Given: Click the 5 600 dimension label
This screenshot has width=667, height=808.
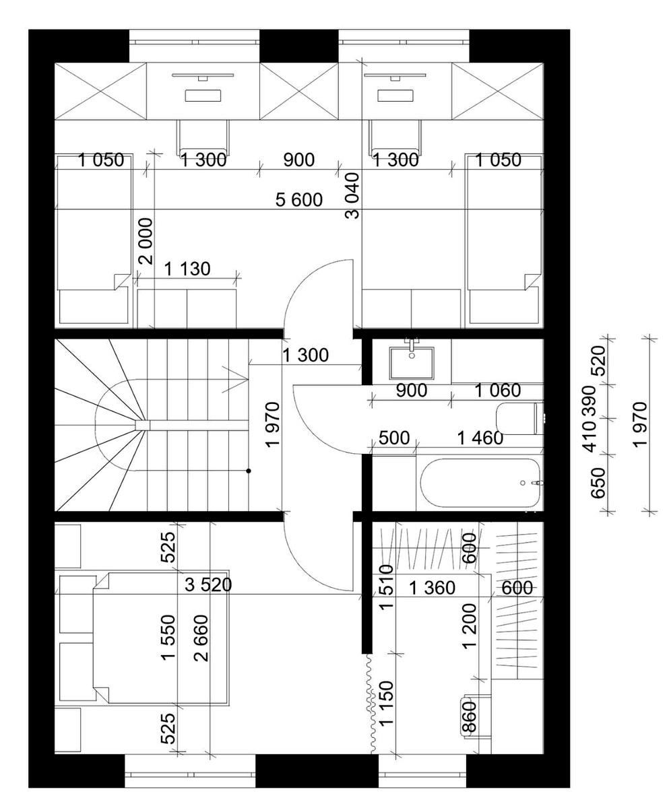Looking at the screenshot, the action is (x=298, y=200).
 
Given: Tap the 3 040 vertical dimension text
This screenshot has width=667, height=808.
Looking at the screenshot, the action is (x=352, y=195).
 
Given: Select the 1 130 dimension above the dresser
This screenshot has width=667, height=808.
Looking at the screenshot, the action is (x=187, y=269).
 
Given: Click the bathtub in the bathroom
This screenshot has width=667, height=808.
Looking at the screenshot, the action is (x=480, y=483).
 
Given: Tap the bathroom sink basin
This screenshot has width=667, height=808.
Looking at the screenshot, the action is (x=412, y=364).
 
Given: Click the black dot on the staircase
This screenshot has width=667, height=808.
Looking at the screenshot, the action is (x=249, y=471).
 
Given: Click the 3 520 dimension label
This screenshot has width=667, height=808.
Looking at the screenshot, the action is (x=208, y=584).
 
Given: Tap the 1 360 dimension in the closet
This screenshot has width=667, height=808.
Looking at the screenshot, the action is (x=432, y=588).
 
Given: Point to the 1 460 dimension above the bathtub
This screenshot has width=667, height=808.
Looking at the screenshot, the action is (x=480, y=438).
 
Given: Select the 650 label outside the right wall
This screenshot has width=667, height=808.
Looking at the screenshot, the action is (x=598, y=483).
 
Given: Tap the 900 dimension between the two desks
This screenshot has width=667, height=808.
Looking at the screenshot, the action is (x=298, y=160).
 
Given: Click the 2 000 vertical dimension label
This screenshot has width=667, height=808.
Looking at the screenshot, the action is (x=147, y=241).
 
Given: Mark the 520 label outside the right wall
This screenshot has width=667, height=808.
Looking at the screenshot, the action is (x=598, y=361).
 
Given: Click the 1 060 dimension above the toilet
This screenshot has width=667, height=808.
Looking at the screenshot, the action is (x=497, y=391).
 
